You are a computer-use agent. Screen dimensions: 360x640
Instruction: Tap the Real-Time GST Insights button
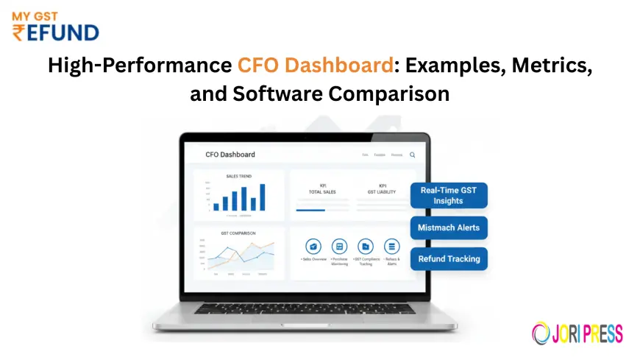tap(448, 195)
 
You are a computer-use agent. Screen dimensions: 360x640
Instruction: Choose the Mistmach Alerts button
tap(448, 227)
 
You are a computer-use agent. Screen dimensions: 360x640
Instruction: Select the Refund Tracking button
tap(448, 258)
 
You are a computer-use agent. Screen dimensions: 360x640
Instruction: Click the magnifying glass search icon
tap(413, 155)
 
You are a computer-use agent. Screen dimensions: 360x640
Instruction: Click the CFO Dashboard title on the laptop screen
tap(230, 155)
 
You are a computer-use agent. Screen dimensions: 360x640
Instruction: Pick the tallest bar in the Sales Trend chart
tap(263, 197)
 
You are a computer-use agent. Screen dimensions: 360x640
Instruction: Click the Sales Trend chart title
tap(238, 177)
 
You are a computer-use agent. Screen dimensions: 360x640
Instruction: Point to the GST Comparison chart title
tap(238, 233)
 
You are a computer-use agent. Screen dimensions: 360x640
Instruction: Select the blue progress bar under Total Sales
tap(310, 210)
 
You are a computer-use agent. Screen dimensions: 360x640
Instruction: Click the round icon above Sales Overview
tap(314, 247)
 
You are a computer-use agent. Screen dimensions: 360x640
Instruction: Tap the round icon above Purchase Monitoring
tap(339, 247)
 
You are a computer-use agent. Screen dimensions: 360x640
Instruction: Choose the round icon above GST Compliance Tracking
tap(366, 247)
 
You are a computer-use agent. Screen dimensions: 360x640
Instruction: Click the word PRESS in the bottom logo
tap(600, 333)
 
